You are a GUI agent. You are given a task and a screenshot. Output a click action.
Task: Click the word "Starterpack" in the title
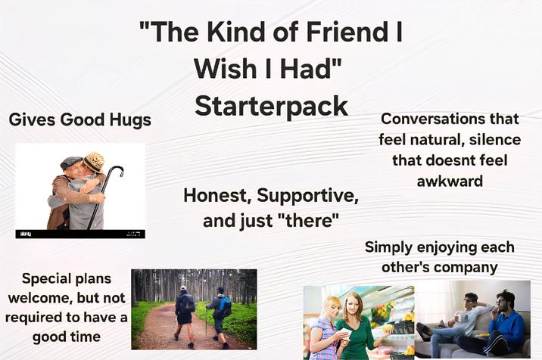click(x=271, y=105)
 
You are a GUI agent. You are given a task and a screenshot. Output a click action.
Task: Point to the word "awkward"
click(x=450, y=181)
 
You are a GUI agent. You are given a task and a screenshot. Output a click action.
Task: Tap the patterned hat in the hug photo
click(x=94, y=162)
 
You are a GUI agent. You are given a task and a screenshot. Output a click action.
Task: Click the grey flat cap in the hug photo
click(x=71, y=162)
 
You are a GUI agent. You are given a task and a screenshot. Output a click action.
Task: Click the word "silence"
click(x=496, y=140)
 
